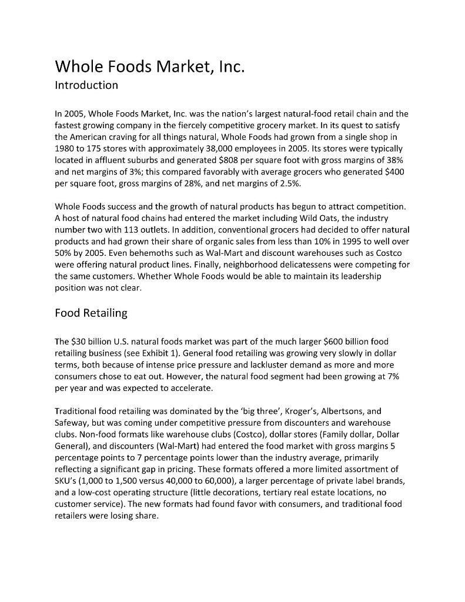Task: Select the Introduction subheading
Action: pos(86,85)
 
